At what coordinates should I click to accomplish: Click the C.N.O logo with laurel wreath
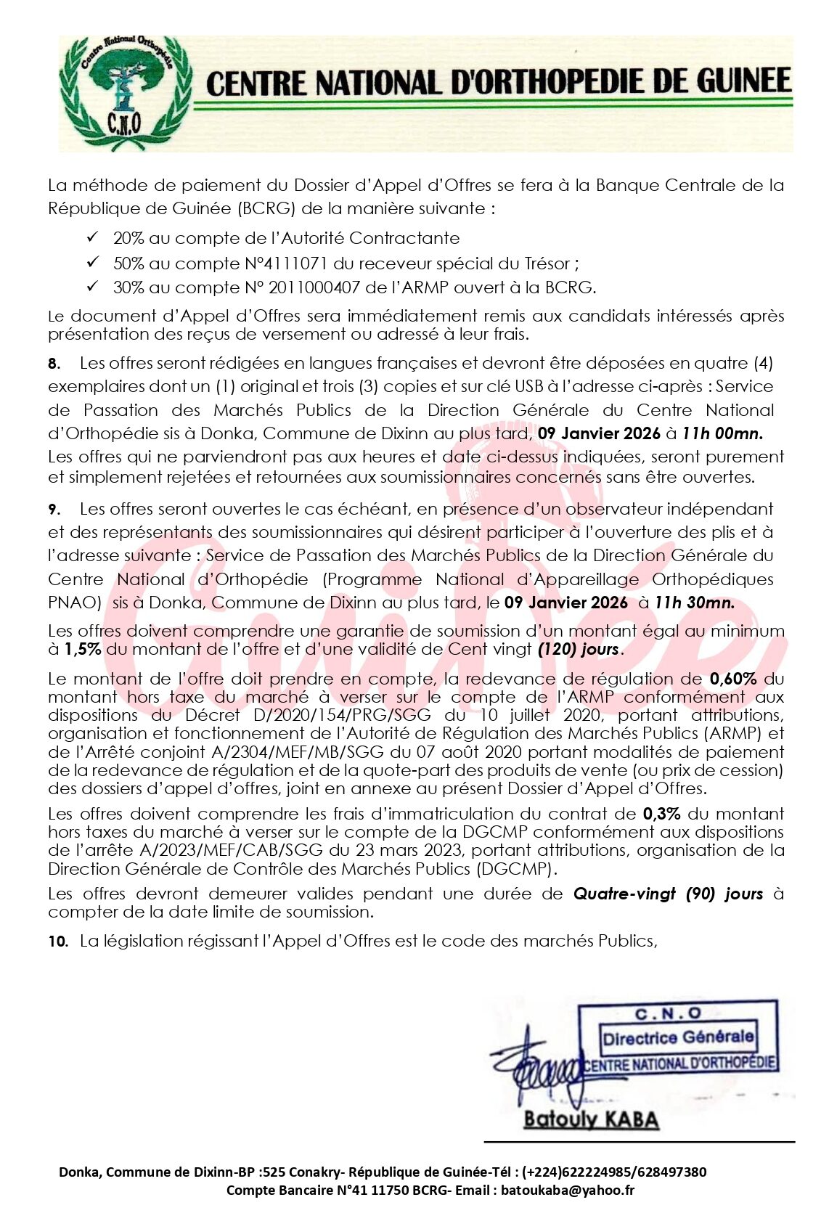(x=125, y=93)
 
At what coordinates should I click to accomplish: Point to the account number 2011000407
(x=314, y=287)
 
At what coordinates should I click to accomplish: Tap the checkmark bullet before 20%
(x=92, y=237)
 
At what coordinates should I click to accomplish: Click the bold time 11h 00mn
(x=722, y=434)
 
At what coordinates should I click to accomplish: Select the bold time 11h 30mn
(x=694, y=603)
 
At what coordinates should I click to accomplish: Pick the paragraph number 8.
(x=54, y=364)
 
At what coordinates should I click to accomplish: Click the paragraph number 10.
(x=58, y=942)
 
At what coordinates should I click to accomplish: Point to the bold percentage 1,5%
(x=83, y=649)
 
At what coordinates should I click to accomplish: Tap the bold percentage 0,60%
(x=733, y=679)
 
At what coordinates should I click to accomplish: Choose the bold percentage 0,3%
(x=661, y=814)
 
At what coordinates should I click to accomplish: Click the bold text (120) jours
(x=579, y=649)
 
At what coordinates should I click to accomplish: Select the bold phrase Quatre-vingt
(x=624, y=894)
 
